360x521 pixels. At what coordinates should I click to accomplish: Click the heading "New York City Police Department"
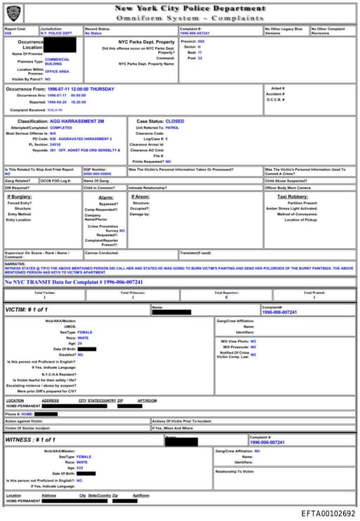(190, 8)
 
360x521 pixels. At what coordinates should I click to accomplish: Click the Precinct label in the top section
(188, 41)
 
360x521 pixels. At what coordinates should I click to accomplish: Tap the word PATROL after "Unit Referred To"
(172, 127)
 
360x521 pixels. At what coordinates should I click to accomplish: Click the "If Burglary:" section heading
(20, 197)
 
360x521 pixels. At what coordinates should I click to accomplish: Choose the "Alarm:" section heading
(106, 198)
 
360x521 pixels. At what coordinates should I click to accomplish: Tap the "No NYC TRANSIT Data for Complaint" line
(74, 282)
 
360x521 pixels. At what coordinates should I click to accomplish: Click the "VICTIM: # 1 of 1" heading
(29, 309)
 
